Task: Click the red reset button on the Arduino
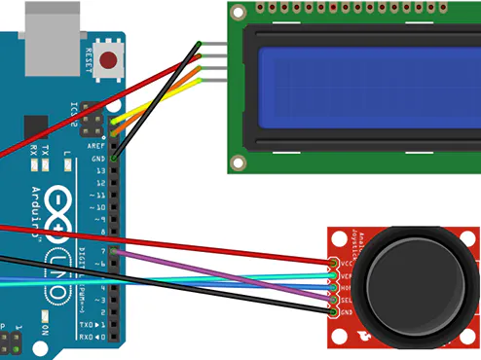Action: point(108,60)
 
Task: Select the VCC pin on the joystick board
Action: point(334,264)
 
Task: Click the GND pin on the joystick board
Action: point(334,311)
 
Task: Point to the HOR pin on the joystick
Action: point(334,288)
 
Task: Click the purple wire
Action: point(224,273)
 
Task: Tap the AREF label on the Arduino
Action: point(97,145)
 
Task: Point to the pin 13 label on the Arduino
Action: point(98,170)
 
